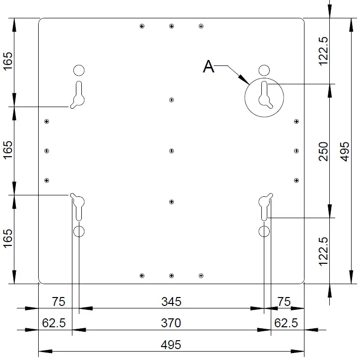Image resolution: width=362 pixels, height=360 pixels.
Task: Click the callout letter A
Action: (209, 67)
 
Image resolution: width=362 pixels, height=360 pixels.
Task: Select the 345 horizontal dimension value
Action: (171, 301)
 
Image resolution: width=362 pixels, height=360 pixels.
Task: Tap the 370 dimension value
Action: (171, 323)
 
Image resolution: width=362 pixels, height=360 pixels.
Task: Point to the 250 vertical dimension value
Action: (323, 151)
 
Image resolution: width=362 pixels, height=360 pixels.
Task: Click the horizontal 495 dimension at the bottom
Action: (171, 345)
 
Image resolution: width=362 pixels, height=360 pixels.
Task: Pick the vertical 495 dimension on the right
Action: (345, 151)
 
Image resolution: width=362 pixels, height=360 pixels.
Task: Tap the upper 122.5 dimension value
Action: (323, 51)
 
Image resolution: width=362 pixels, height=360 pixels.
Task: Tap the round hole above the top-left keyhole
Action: (79, 70)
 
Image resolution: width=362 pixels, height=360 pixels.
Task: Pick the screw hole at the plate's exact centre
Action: (171, 151)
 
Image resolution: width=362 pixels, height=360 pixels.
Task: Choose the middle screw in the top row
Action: (171, 26)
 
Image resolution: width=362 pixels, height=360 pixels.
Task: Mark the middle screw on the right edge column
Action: (297, 151)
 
